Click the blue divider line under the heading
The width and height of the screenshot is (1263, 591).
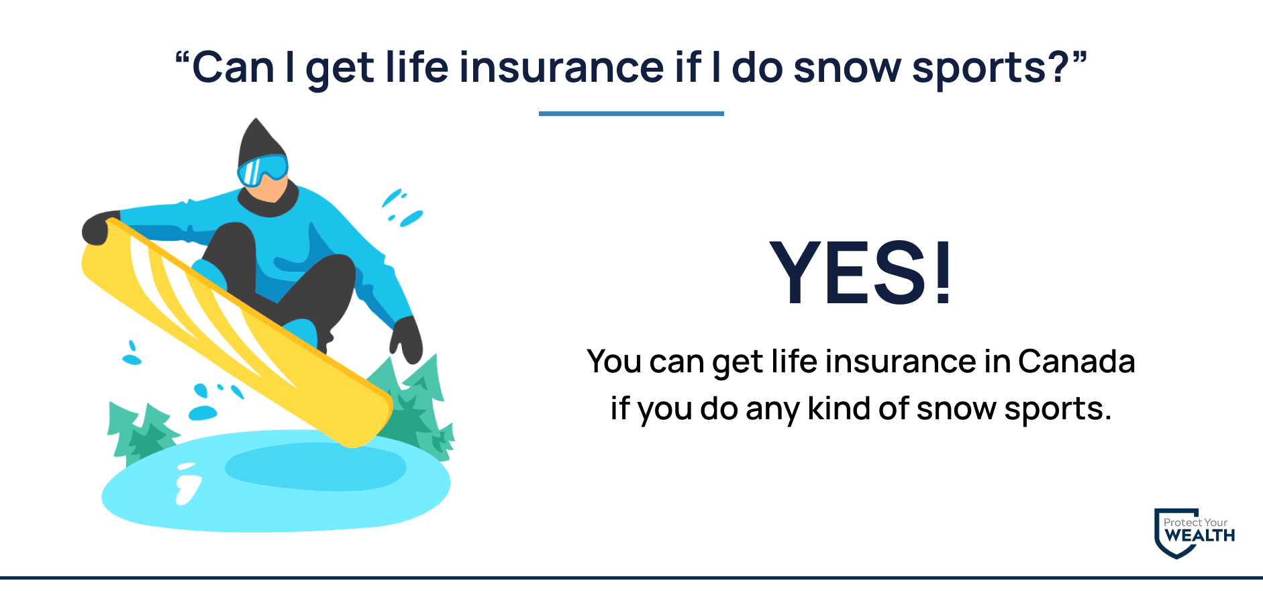click(631, 114)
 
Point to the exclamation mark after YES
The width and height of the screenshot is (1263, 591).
click(942, 272)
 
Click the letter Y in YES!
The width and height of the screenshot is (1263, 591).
click(798, 272)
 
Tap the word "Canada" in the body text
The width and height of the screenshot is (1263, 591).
click(1076, 362)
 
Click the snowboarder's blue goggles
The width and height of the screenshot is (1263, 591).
click(262, 169)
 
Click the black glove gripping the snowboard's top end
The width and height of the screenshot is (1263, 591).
click(99, 227)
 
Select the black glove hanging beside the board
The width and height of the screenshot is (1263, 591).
click(407, 339)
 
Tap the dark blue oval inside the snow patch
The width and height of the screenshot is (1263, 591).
click(315, 467)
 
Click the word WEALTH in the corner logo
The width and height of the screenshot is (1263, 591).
click(1200, 535)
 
